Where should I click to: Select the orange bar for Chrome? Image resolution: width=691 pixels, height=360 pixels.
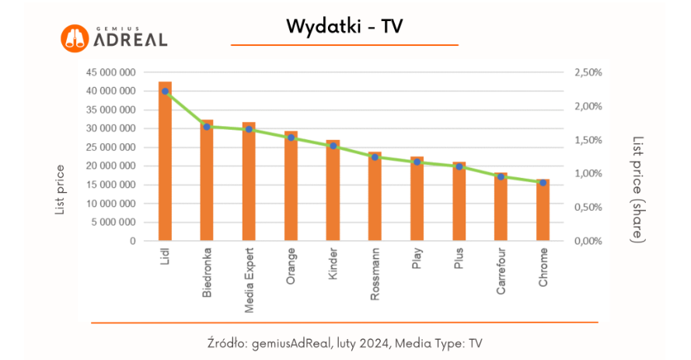[543, 211]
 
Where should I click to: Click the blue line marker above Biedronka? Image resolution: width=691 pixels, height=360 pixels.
[207, 127]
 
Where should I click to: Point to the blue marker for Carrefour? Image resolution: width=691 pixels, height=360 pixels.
[501, 177]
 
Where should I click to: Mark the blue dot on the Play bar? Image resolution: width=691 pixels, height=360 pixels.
[417, 162]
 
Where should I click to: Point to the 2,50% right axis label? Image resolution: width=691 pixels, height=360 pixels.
[588, 72]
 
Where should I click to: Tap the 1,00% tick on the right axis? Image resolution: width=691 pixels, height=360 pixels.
[588, 173]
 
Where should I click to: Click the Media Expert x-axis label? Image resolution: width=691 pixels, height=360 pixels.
[250, 281]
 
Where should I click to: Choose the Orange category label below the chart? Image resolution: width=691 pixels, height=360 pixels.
[291, 267]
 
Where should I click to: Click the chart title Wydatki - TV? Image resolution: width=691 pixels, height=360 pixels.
[344, 26]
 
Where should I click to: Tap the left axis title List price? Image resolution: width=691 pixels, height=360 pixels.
[60, 189]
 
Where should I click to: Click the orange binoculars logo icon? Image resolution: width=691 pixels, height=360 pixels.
[75, 39]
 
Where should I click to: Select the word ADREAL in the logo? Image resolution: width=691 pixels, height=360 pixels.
[130, 40]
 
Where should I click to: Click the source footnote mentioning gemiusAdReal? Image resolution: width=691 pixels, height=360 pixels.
[345, 342]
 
